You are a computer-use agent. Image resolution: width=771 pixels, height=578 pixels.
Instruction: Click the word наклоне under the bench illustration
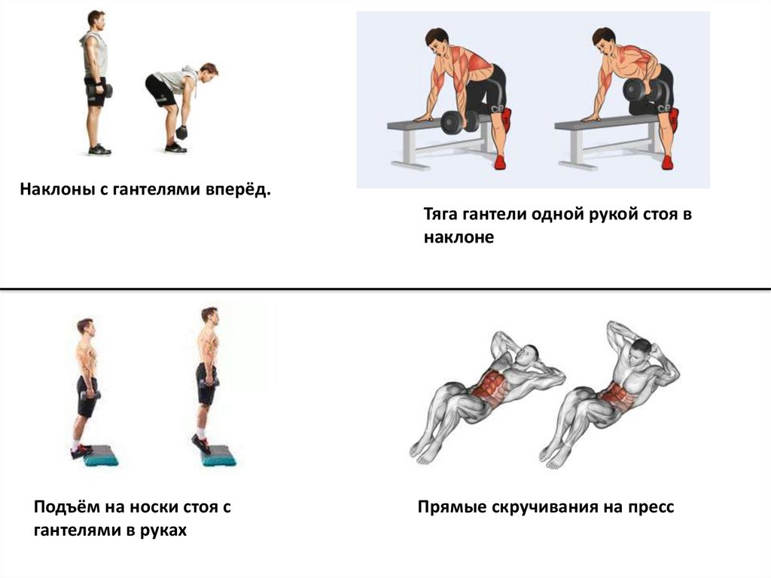pyautogui.click(x=459, y=237)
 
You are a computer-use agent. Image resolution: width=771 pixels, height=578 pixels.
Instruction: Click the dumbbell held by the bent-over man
pyautogui.click(x=181, y=133)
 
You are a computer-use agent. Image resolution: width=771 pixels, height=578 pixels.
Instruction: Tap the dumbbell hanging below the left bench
pyautogui.click(x=459, y=122)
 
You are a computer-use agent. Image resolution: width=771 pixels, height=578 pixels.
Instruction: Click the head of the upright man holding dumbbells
pyautogui.click(x=96, y=20)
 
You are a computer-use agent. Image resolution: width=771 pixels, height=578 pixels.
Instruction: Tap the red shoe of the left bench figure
pyautogui.click(x=500, y=162)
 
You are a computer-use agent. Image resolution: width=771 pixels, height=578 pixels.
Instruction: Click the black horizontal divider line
pyautogui.click(x=385, y=289)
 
